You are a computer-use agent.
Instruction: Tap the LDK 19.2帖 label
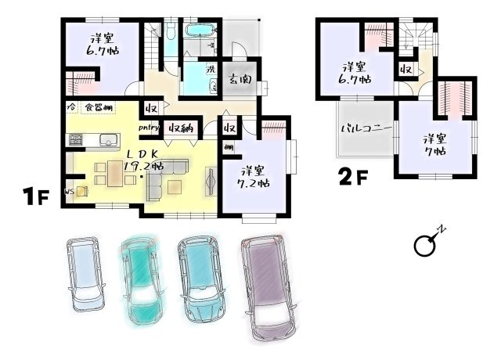[141, 159]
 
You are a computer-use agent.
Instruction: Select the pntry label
[150, 128]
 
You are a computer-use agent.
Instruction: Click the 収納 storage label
[182, 128]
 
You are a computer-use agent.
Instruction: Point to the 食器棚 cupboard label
[98, 106]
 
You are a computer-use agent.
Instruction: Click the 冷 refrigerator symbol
[70, 106]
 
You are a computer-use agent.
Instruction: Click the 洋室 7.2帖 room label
[254, 177]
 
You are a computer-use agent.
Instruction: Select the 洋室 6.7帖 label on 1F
[101, 45]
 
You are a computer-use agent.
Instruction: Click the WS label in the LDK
[70, 189]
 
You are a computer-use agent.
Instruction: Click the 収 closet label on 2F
[406, 70]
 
